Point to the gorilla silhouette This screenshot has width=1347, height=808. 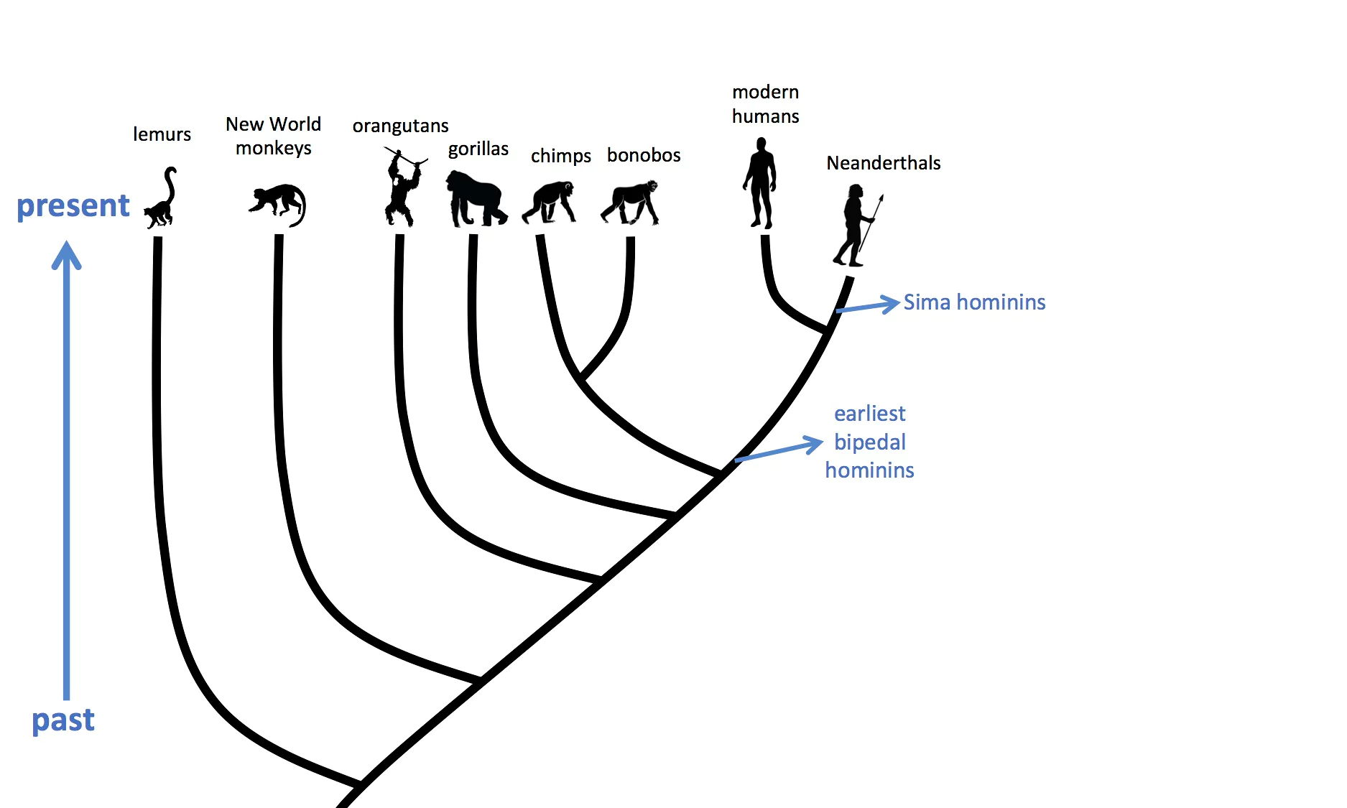[x=475, y=199]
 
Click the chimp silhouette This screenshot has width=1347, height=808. [x=550, y=202]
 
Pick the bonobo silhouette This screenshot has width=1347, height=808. [x=631, y=202]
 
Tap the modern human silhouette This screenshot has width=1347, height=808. [x=760, y=183]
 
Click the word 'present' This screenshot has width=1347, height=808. [x=73, y=206]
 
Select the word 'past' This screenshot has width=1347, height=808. [x=63, y=720]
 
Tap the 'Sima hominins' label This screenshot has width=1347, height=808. [x=974, y=302]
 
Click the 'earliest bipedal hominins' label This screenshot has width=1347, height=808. [x=869, y=442]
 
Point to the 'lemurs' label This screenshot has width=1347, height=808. [x=162, y=134]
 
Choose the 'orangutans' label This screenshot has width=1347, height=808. [x=400, y=126]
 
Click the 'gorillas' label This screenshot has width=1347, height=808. [x=478, y=149]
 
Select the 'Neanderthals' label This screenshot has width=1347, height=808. [x=883, y=163]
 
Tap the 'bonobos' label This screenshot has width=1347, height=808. [x=644, y=155]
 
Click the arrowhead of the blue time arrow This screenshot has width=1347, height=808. [x=67, y=254]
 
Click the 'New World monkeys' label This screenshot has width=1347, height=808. [x=273, y=136]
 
